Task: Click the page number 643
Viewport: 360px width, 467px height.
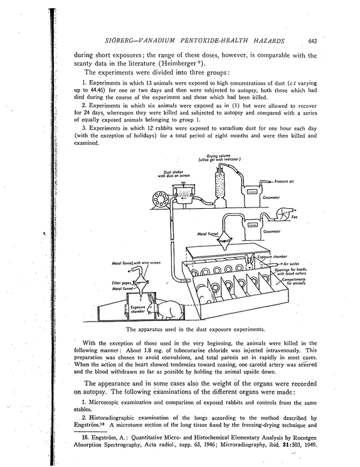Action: (312, 41)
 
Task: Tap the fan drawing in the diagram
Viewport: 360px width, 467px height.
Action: (283, 214)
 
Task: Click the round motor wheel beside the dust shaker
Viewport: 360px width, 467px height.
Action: (161, 199)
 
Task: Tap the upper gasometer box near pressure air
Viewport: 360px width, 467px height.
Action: (252, 197)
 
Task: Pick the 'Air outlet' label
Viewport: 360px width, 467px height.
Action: (292, 264)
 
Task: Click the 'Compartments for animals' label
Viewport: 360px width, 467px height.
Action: (294, 281)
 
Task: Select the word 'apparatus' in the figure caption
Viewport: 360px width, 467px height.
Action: (150, 329)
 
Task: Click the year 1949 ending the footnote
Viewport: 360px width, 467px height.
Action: (310, 445)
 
